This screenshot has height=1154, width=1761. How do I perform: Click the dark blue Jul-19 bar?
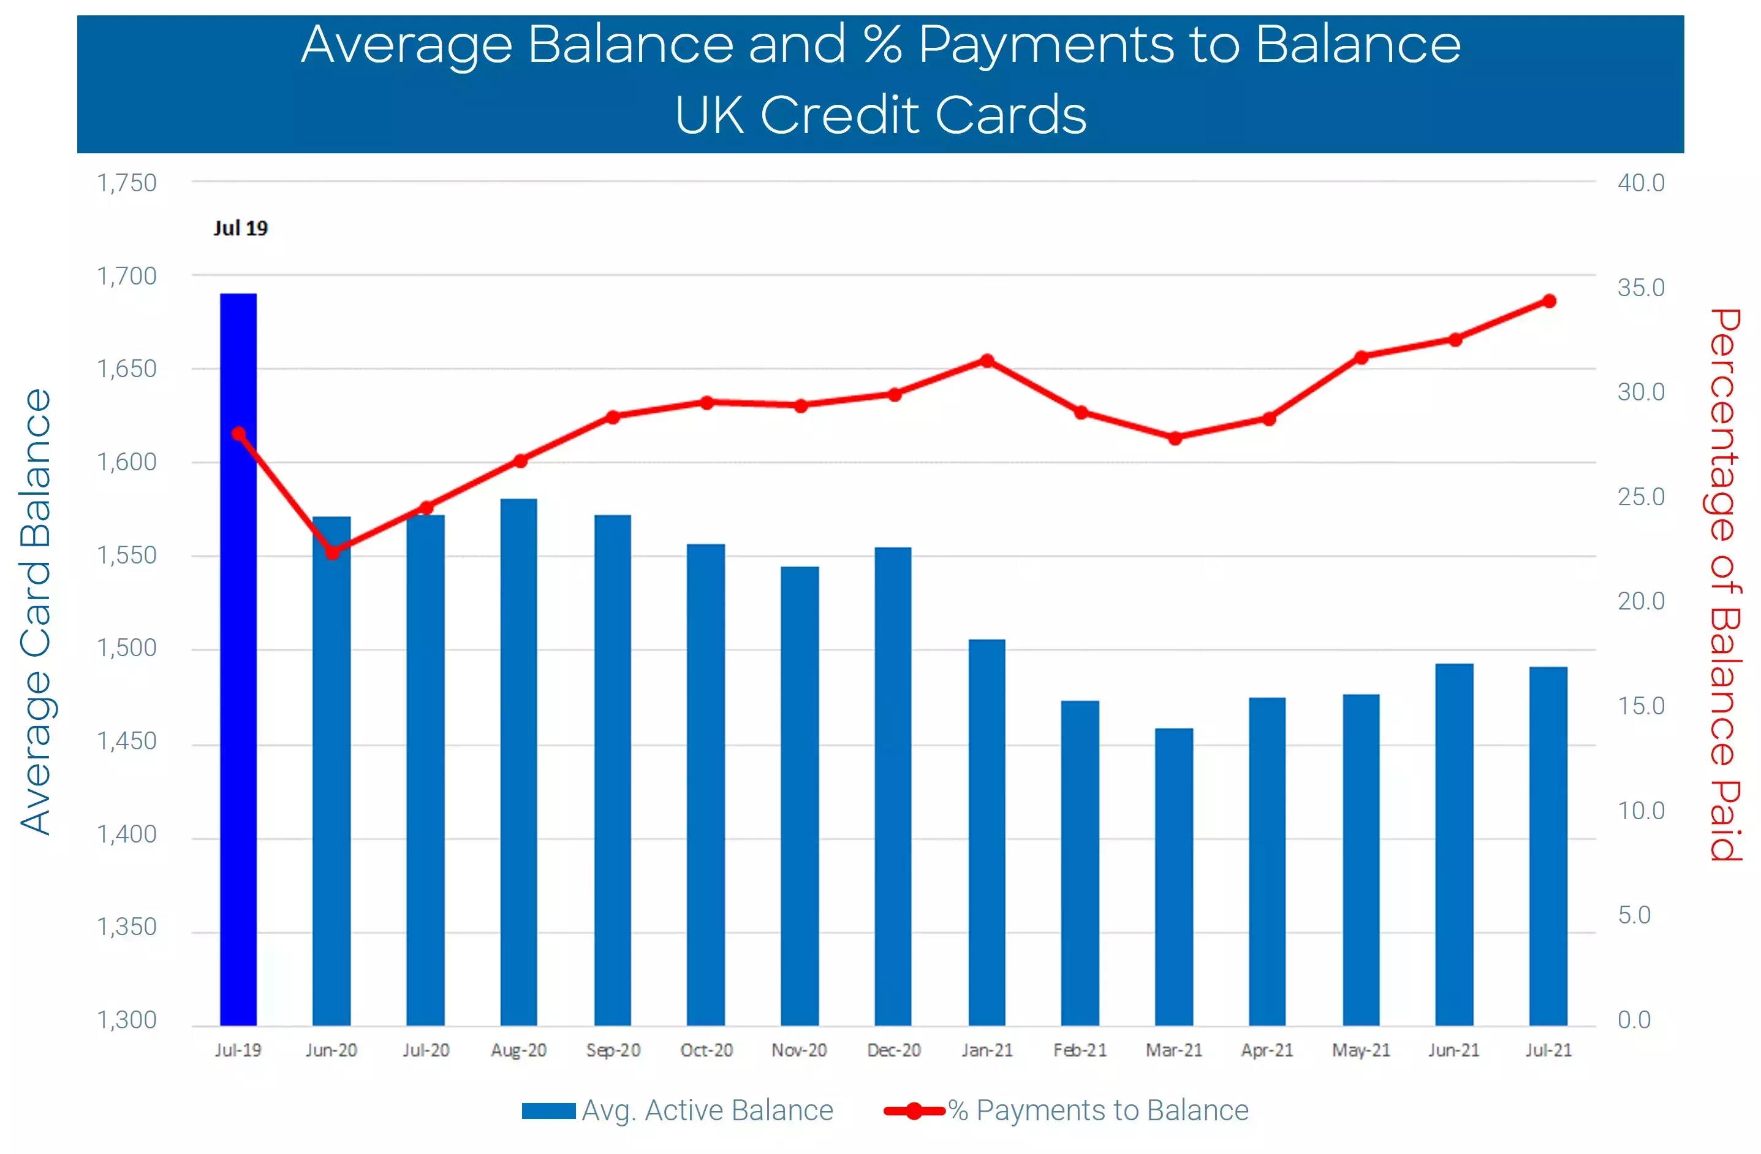(238, 659)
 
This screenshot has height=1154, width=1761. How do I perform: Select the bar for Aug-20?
(519, 762)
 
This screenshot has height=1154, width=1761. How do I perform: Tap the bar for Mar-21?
(1173, 877)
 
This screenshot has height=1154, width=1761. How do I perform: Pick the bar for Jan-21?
(987, 833)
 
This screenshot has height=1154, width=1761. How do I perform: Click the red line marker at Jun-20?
(333, 552)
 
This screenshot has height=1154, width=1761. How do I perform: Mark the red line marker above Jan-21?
(987, 361)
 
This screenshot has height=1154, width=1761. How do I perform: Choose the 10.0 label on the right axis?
(1640, 811)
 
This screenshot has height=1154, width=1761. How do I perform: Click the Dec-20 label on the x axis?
(894, 1050)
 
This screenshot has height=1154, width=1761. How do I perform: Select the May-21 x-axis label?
(1361, 1050)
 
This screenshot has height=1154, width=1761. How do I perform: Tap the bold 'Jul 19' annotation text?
(240, 228)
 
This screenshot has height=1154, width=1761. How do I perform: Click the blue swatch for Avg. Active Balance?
(548, 1111)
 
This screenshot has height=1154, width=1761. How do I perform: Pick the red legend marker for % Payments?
(915, 1111)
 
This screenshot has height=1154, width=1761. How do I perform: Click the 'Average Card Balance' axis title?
(36, 612)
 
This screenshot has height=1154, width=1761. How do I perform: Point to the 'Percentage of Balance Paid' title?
(1725, 585)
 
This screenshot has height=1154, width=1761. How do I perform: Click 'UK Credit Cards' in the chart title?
(880, 115)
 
